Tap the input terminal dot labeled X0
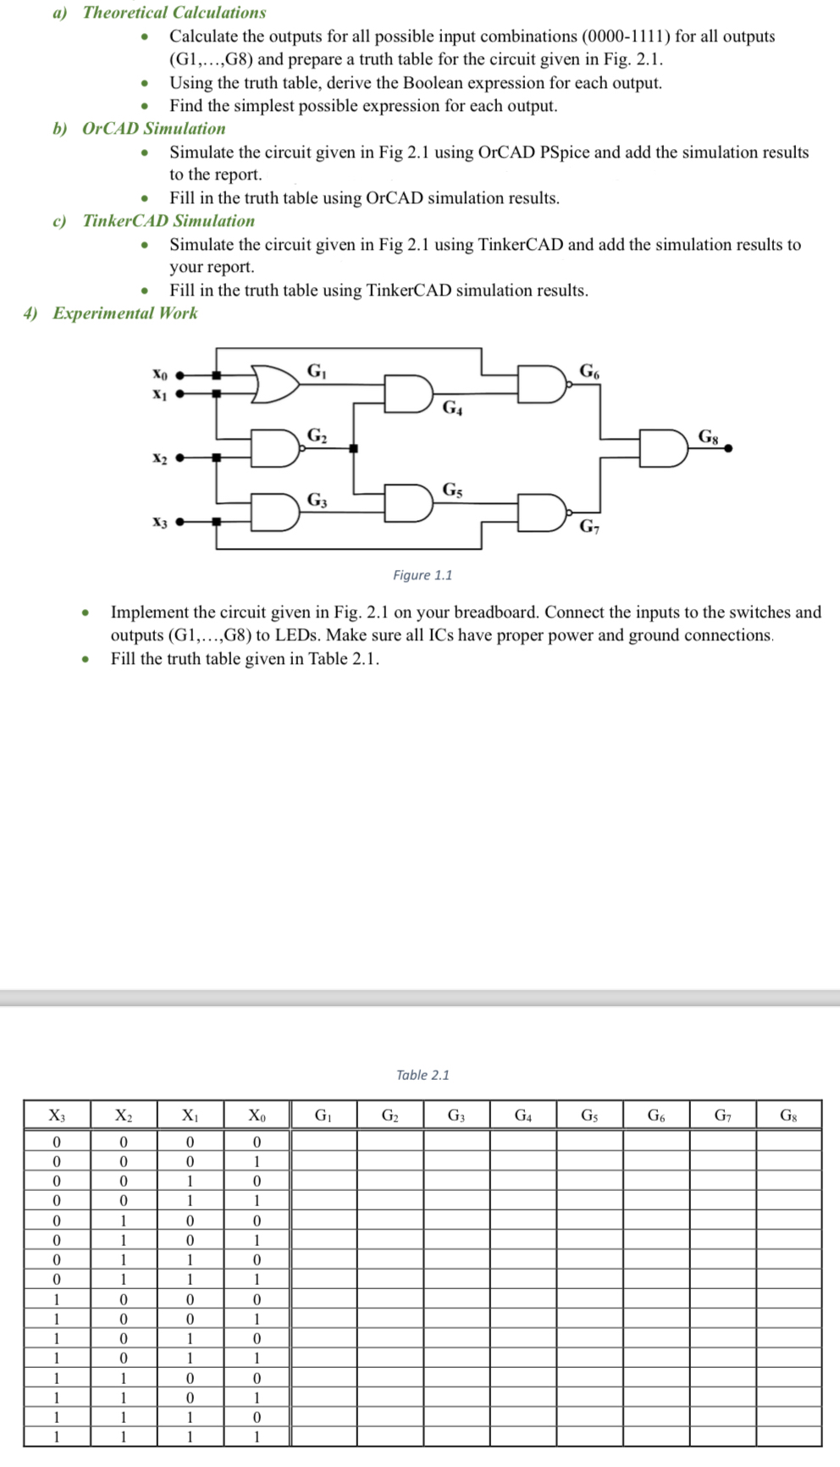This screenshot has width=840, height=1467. tap(180, 374)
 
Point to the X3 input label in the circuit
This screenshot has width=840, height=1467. tap(159, 523)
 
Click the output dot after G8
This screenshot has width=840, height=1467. tap(728, 449)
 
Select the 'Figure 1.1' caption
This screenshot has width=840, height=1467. tap(423, 575)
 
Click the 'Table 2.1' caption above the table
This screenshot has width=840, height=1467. tap(423, 1075)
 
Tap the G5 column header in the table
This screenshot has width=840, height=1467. tap(589, 1115)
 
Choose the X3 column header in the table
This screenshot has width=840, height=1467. tap(57, 1115)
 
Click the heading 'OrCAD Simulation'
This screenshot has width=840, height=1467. tap(153, 129)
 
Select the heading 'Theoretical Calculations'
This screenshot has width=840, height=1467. tap(174, 13)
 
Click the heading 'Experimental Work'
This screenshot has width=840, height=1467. tap(124, 313)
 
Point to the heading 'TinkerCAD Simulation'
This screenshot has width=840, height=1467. tap(169, 221)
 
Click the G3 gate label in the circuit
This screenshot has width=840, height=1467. tap(317, 500)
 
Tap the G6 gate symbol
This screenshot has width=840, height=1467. tap(543, 384)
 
